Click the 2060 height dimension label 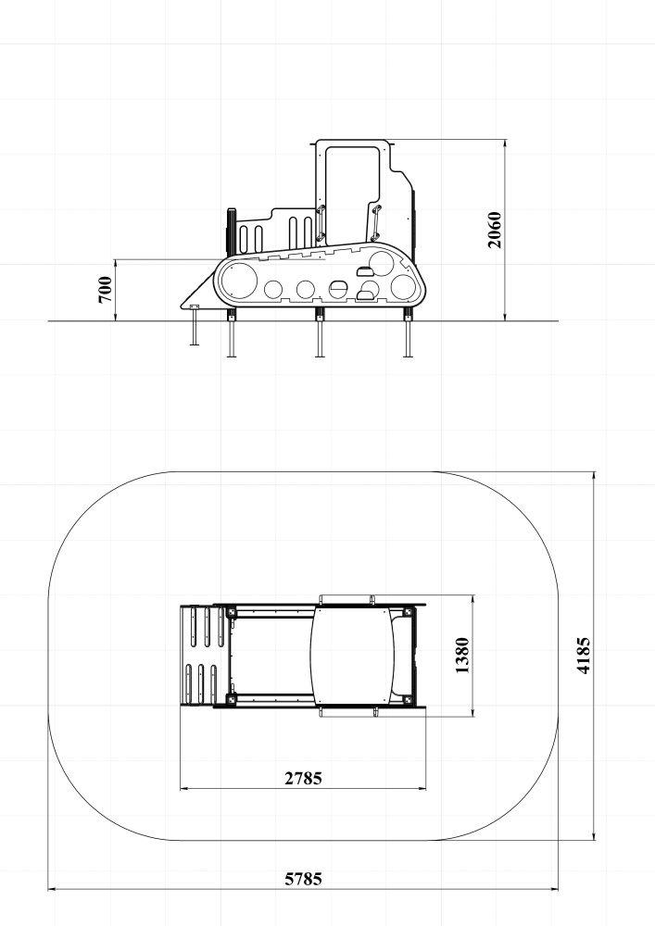[x=495, y=230]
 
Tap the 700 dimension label [x=105, y=289]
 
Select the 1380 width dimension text [x=462, y=656]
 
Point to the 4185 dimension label [x=583, y=656]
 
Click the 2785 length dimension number [x=304, y=779]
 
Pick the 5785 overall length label [x=304, y=880]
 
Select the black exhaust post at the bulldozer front [x=232, y=232]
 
